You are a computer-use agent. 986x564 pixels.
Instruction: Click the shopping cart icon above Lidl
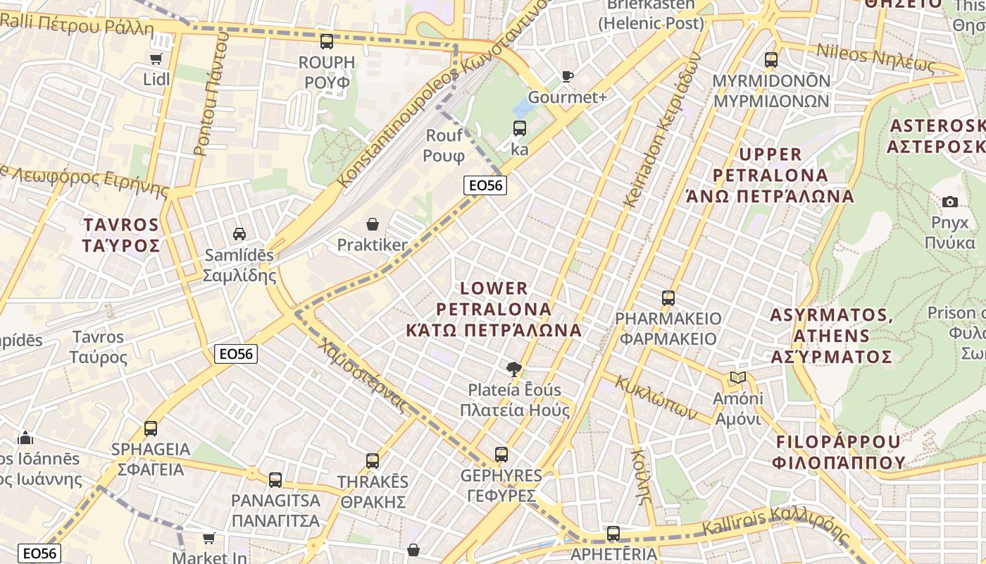coord(156,59)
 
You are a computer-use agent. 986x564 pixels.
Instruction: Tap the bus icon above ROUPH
coord(326,42)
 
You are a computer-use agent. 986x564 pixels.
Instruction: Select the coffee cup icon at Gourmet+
coord(568,76)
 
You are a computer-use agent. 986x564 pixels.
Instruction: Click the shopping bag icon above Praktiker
coord(372,225)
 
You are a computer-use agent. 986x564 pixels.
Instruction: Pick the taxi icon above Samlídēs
coord(239,233)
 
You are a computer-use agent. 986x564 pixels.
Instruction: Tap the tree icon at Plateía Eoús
coord(514,369)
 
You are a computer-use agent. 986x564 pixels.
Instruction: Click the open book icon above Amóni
coord(737,378)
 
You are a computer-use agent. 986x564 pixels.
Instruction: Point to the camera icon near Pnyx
coord(949,202)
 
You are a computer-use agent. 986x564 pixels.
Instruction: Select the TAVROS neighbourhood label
coord(121,235)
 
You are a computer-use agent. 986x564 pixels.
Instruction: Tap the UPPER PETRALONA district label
coord(770,175)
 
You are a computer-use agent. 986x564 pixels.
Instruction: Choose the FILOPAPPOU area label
coord(838,452)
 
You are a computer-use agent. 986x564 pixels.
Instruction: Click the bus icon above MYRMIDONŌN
coord(771,60)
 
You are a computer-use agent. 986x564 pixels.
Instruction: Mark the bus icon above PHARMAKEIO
coord(668,298)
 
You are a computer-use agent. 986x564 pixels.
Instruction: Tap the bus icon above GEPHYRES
coord(501,455)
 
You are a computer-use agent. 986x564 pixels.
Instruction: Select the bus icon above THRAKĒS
coord(373,461)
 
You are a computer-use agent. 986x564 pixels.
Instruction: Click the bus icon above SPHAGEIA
coord(150,429)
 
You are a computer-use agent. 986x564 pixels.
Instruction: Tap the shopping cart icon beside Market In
coord(209,539)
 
